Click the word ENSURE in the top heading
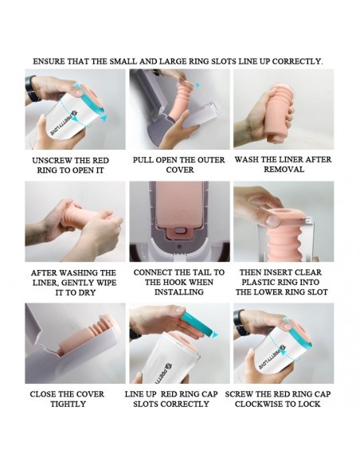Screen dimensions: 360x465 click(49, 61)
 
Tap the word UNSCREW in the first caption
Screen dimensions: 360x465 click(52, 161)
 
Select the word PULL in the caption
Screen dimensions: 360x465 click(143, 160)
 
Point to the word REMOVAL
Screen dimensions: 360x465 click(284, 170)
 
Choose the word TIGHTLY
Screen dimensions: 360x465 click(68, 404)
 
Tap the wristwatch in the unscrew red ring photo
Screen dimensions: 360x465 click(32, 88)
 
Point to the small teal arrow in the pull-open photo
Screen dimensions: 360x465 click(198, 85)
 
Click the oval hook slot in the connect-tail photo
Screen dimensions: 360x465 click(179, 231)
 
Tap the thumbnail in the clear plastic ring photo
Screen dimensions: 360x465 click(273, 220)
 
